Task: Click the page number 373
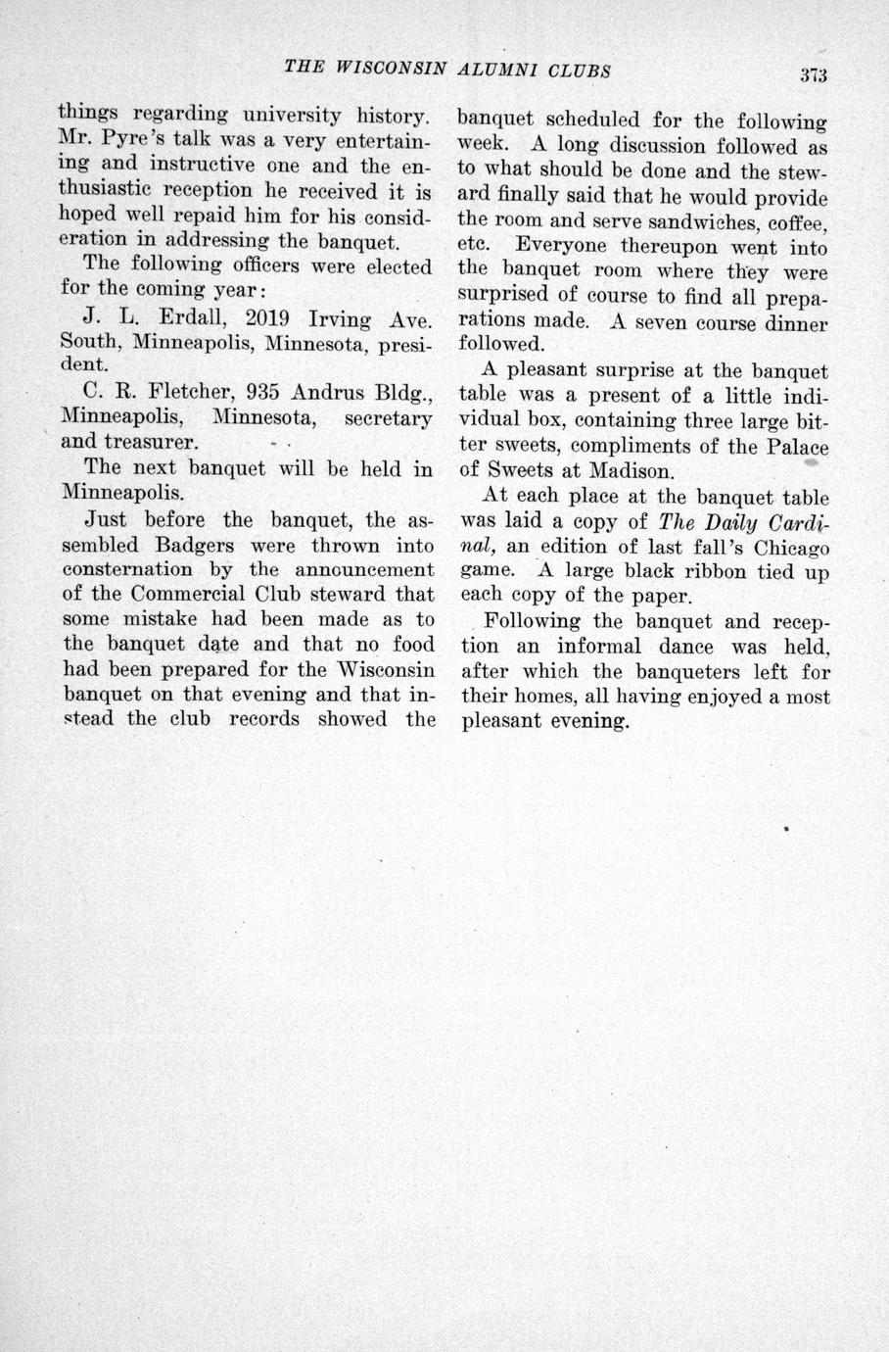[813, 74]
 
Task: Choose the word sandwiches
[684, 222]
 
